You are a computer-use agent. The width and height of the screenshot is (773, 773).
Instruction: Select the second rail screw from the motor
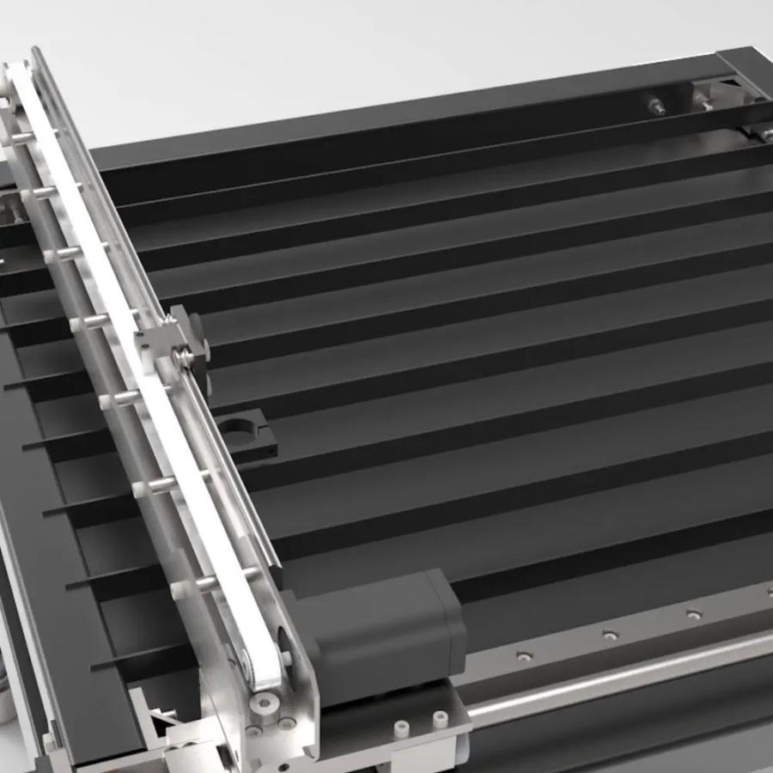[x=610, y=635]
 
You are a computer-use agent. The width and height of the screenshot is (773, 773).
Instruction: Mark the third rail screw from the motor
[x=692, y=613]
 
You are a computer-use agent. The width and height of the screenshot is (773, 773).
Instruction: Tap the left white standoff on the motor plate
[x=401, y=727]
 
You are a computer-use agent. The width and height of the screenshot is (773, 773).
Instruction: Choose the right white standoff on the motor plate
[x=440, y=717]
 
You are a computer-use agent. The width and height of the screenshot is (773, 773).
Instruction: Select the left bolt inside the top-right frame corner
[x=657, y=107]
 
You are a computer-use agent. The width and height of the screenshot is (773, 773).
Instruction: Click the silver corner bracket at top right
[x=717, y=90]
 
